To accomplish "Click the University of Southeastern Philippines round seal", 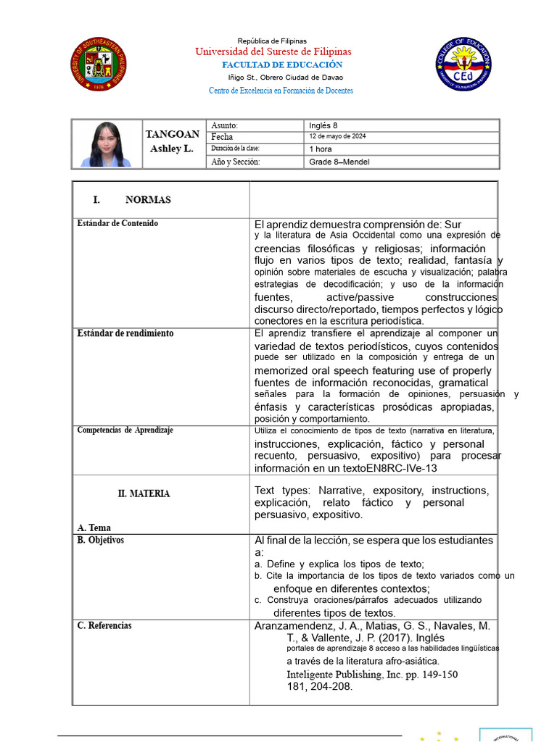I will coord(99,65).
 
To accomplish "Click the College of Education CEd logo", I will coord(463,65).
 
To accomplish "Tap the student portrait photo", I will coord(107,144).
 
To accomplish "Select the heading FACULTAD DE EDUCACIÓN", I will coord(281,64).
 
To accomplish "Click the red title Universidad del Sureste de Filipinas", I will coord(273,51).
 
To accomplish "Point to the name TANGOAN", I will coord(173,134).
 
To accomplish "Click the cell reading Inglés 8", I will coord(323,125).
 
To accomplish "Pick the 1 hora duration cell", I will coord(320,149).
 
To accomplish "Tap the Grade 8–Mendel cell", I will coord(339,162).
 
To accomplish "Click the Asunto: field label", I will coord(224,125).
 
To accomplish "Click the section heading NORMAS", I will coord(148,200).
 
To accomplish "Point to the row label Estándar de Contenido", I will coord(117,223).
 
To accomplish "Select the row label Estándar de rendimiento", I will coord(125,333).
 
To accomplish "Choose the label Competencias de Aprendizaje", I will coord(125,430).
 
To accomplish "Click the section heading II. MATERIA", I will coord(144,493).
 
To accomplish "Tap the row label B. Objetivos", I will coord(101,541).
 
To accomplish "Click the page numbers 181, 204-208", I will coord(320,687).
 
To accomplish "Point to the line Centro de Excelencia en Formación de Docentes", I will coord(281,91).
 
